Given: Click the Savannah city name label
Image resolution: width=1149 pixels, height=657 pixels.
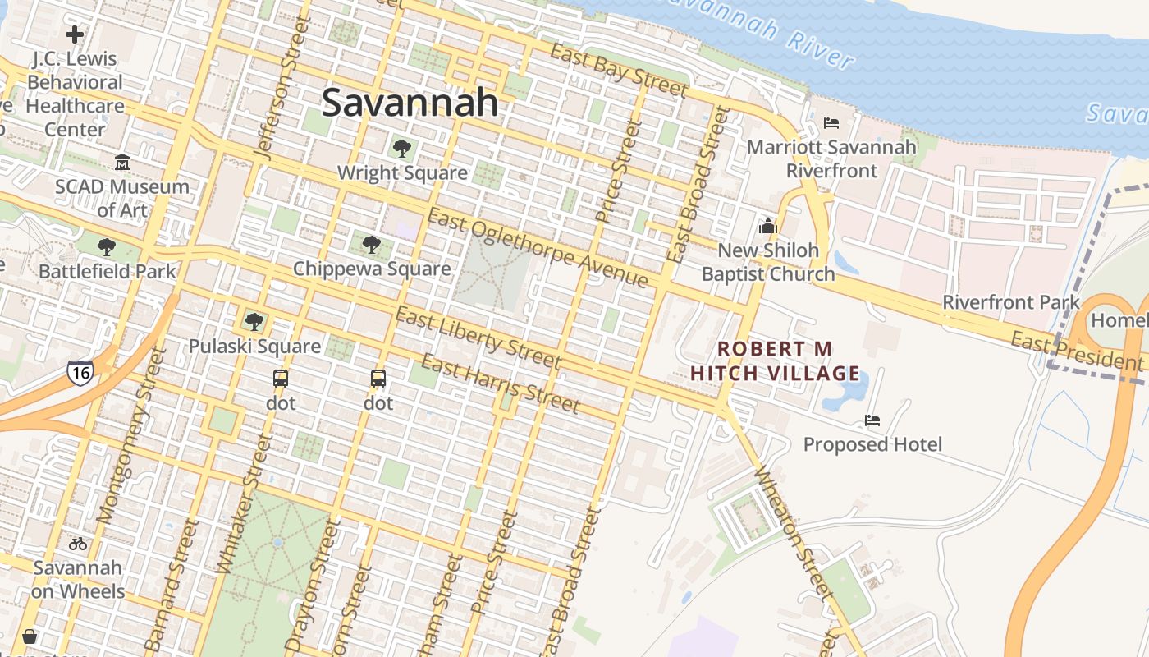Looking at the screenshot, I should click(x=410, y=103).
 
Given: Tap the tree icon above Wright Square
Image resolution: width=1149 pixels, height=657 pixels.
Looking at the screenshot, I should click(x=401, y=149).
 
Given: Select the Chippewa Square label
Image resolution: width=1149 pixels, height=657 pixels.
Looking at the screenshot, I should click(x=372, y=269).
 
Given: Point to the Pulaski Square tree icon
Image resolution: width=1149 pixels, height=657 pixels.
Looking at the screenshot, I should click(x=254, y=321).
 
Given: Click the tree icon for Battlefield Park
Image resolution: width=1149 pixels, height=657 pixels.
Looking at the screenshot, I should click(x=106, y=247).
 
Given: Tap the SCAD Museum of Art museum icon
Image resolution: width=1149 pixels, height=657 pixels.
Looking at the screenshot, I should click(x=122, y=162).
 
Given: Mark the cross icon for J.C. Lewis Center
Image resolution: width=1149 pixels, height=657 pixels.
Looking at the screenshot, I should click(x=75, y=34).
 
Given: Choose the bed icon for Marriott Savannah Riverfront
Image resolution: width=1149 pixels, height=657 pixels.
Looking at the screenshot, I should click(x=831, y=123).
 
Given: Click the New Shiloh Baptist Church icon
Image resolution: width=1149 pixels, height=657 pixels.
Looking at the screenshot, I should click(x=768, y=226).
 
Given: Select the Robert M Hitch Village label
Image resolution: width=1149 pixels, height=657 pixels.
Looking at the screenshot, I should click(x=775, y=362).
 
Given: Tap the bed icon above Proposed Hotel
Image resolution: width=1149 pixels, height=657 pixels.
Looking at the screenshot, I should click(x=872, y=420).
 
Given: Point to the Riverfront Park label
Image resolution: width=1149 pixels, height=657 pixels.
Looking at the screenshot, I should click(x=1011, y=301).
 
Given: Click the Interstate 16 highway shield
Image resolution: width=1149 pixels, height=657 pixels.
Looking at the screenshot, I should click(x=80, y=371).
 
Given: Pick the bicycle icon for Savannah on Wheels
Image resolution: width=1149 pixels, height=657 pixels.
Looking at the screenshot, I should click(x=78, y=543).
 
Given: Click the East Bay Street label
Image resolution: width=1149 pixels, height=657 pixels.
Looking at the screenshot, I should click(x=618, y=70).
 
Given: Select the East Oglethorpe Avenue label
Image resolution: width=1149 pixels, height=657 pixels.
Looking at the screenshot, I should click(x=538, y=249).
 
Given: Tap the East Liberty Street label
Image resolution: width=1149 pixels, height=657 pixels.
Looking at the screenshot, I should click(x=478, y=338).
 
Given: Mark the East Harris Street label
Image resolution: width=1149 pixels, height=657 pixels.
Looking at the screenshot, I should click(x=501, y=383).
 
